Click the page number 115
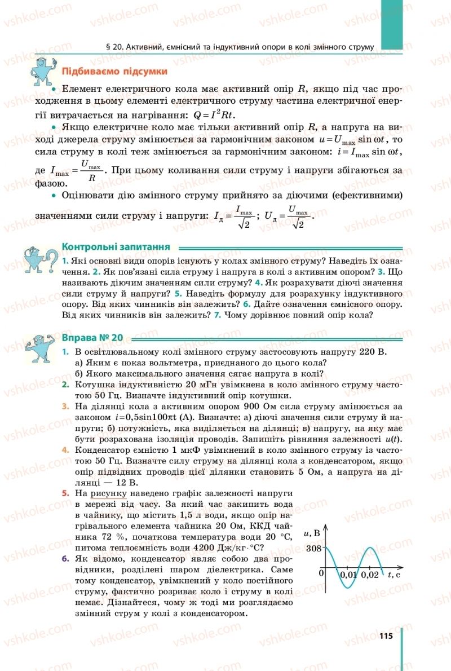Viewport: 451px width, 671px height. (385, 636)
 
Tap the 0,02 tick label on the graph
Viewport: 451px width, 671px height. (370, 575)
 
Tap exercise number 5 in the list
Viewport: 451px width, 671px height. (65, 493)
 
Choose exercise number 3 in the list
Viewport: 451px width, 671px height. (65, 406)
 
